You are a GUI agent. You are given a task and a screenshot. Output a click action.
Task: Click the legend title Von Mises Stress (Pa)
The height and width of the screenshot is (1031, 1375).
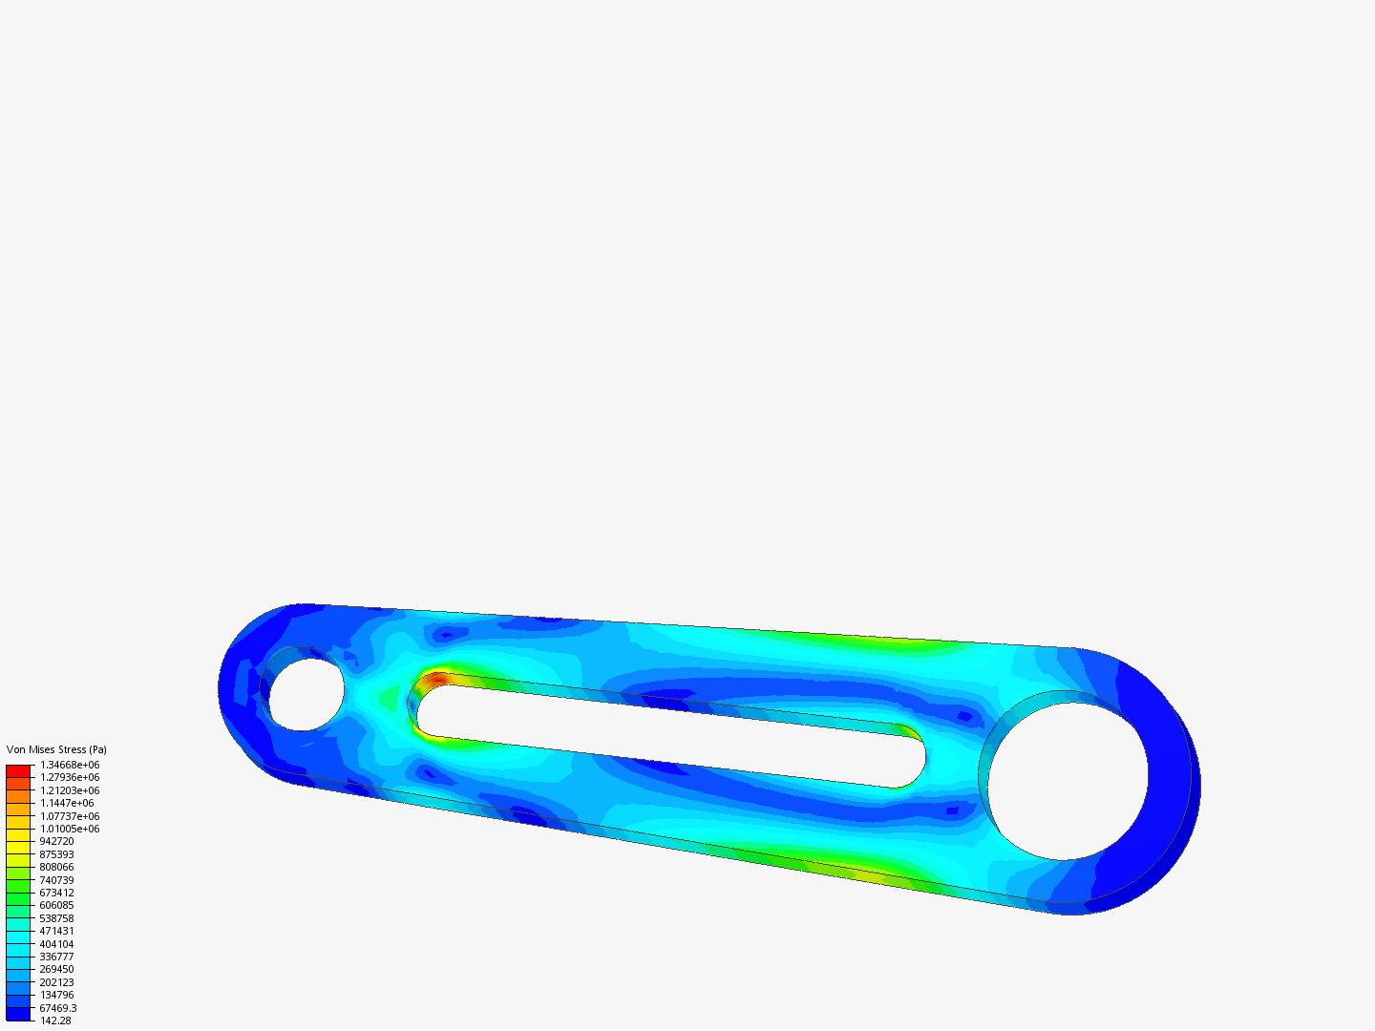[x=56, y=749]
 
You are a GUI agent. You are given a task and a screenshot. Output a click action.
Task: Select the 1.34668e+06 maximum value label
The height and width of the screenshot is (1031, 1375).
[x=70, y=765]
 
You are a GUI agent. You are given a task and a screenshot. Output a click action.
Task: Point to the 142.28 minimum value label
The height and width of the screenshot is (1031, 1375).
[x=55, y=1020]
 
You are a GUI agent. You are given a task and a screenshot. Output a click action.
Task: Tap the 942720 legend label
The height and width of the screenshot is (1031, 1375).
[x=56, y=841]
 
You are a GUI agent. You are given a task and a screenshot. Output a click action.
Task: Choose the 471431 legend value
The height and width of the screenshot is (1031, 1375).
[x=56, y=931]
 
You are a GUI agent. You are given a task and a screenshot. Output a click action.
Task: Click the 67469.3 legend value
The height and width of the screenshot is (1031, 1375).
[x=58, y=1008]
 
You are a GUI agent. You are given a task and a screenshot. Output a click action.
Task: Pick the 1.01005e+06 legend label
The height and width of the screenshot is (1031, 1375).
[x=70, y=829]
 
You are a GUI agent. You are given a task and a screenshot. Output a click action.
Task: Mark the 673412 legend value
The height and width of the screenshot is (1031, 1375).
[x=56, y=893]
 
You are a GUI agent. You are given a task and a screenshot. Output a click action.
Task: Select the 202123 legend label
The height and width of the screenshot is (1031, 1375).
[x=56, y=982]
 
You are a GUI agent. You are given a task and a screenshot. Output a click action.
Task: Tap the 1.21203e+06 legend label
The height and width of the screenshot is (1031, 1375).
[x=70, y=790]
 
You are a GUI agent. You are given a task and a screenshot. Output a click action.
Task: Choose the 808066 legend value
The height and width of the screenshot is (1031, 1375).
[x=56, y=867]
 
